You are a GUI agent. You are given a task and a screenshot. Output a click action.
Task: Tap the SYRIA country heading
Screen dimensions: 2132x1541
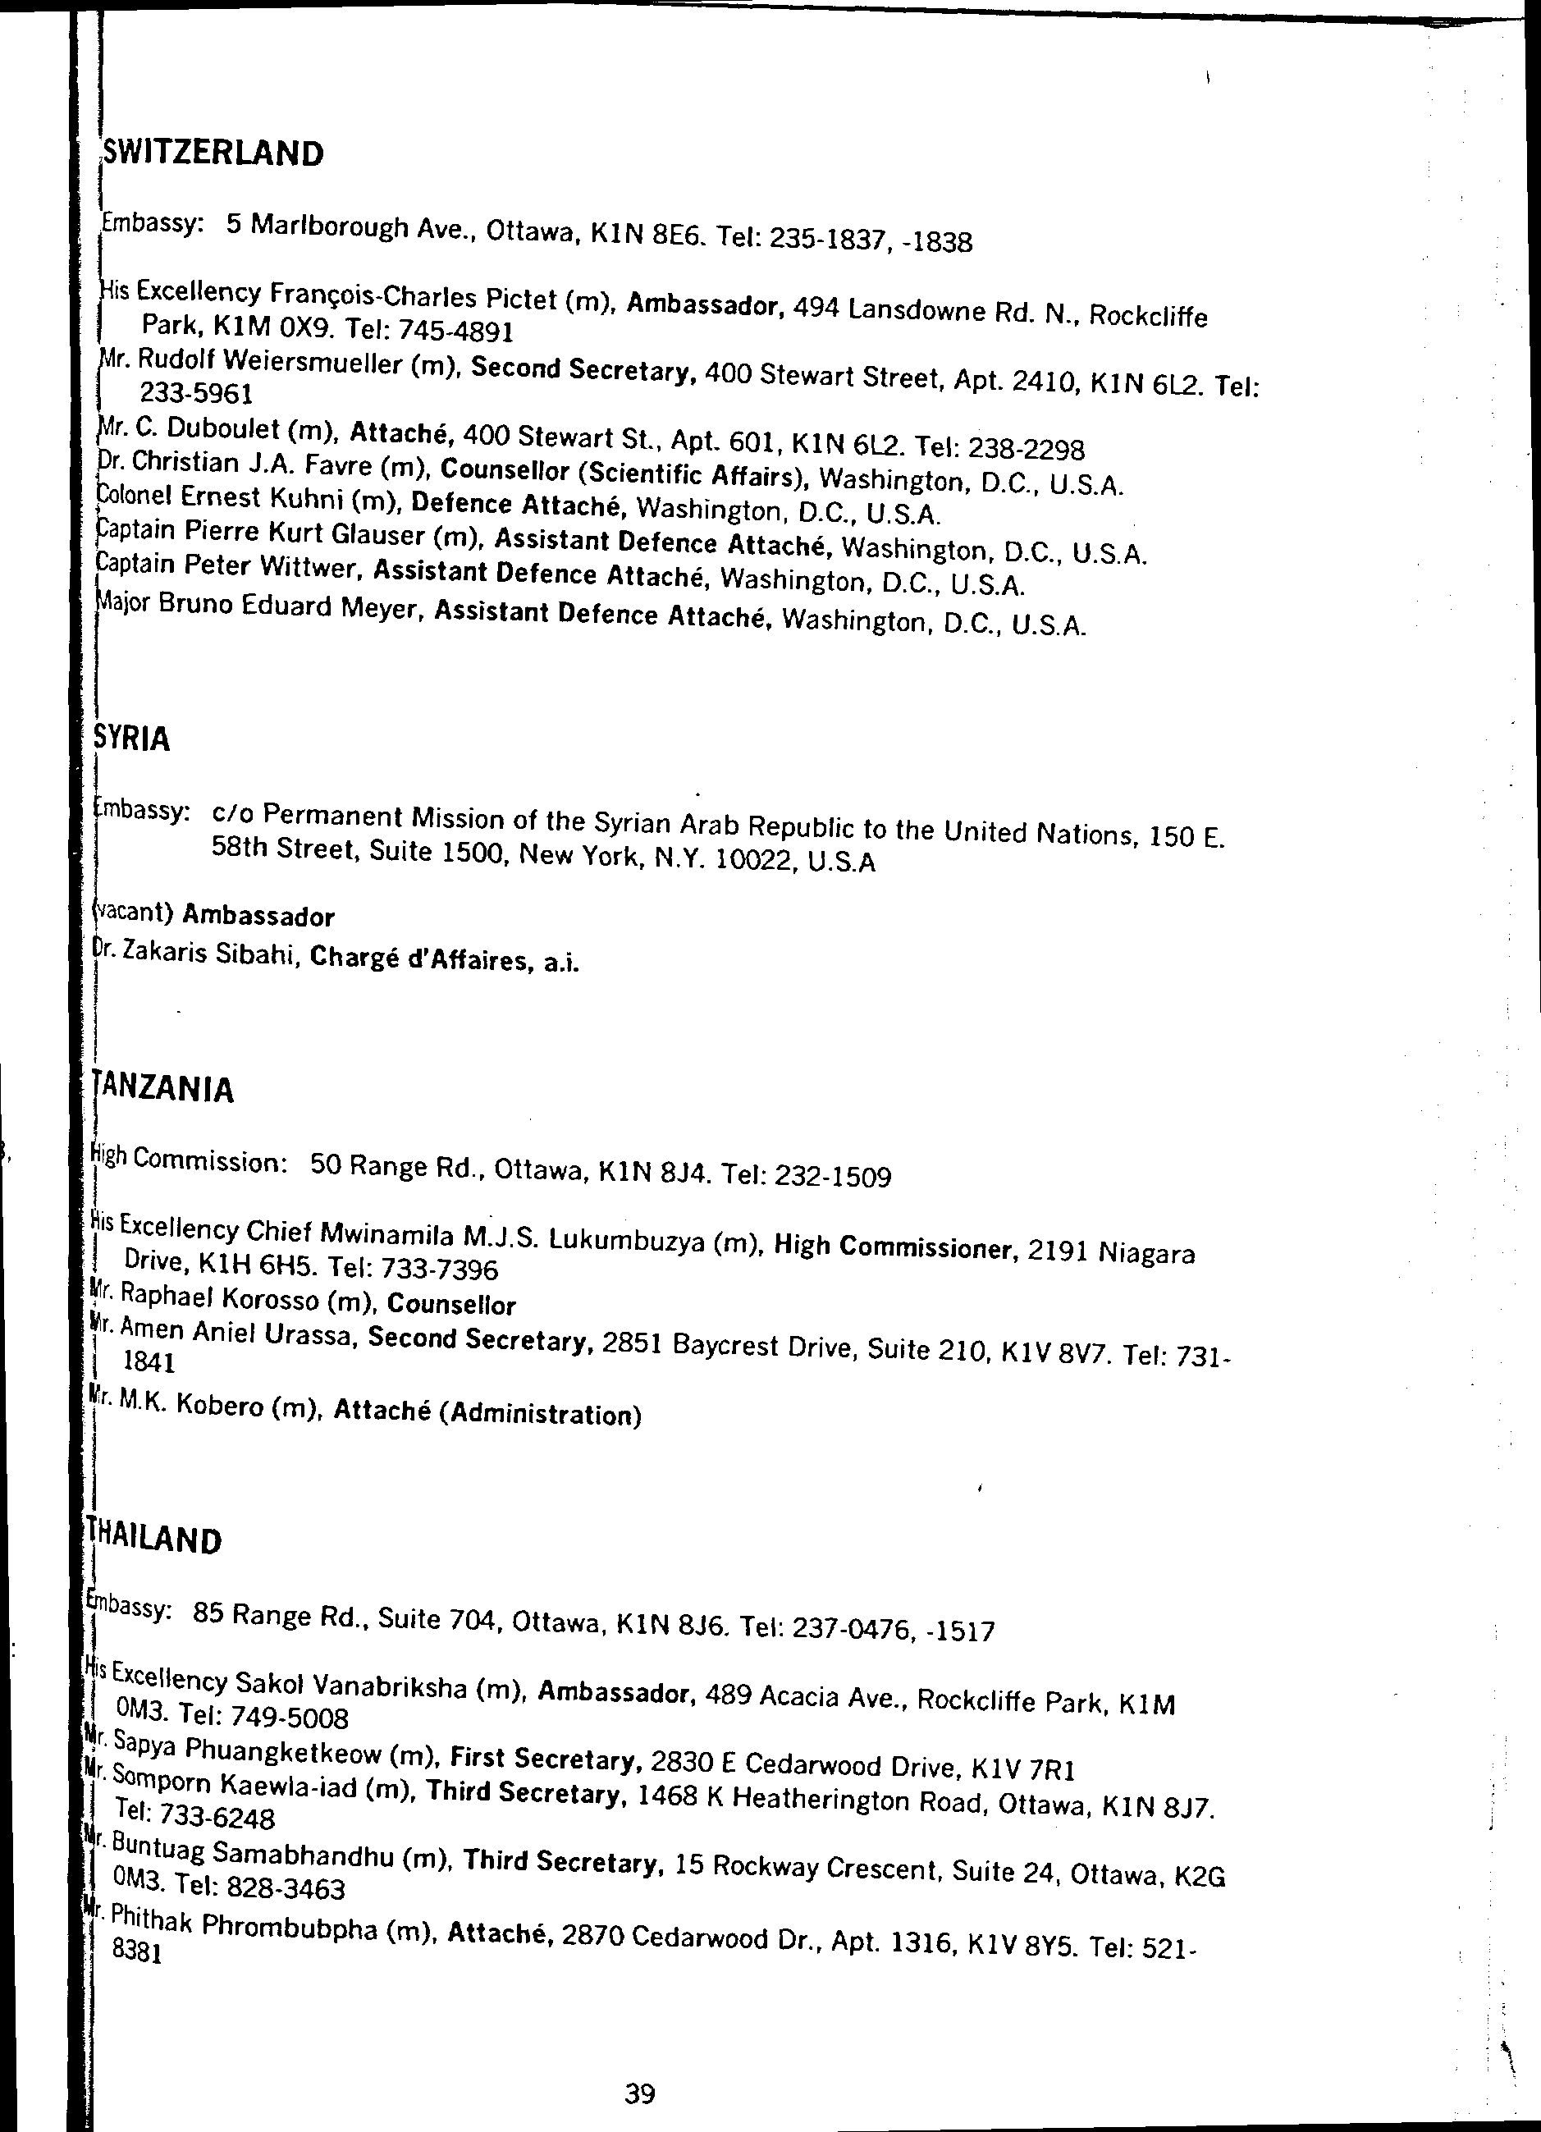[133, 740]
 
